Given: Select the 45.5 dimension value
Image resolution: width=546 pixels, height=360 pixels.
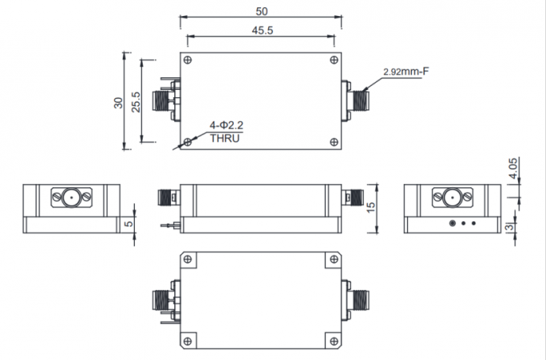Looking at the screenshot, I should [261, 31].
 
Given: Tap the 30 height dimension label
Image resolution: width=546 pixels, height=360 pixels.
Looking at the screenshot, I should [118, 101].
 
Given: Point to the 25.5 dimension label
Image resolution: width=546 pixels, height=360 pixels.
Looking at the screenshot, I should [136, 101].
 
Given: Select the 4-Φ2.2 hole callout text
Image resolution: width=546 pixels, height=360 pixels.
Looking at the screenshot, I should [226, 125].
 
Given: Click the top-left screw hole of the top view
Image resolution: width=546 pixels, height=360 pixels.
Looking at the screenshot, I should [188, 60].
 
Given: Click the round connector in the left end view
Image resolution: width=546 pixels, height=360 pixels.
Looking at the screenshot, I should [71, 197].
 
